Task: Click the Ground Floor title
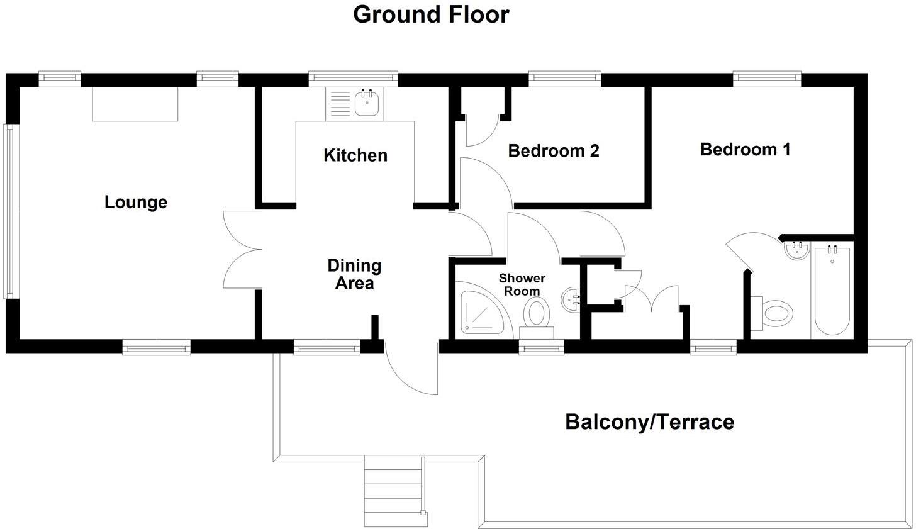[431, 14]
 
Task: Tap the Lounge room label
[136, 203]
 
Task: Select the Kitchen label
[355, 155]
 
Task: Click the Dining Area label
[354, 274]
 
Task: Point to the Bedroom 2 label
[553, 151]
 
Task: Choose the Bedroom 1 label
[745, 150]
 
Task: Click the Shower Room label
[522, 284]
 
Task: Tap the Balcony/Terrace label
[649, 421]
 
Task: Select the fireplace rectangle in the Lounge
[135, 104]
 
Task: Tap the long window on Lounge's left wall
[9, 211]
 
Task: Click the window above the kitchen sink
[353, 79]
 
